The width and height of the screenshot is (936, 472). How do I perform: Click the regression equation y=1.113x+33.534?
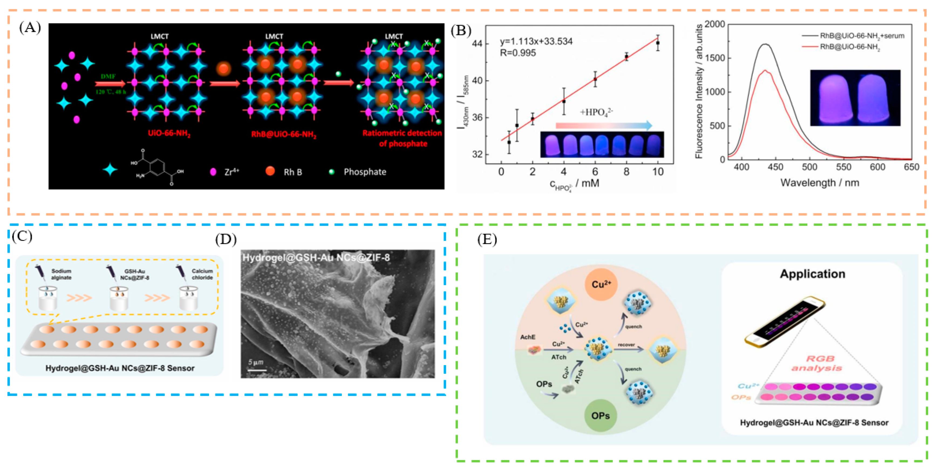536,42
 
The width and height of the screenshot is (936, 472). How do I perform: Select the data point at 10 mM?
658,43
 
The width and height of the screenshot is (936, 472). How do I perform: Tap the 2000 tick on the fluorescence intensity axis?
714,24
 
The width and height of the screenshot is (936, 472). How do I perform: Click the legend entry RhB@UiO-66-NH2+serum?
862,36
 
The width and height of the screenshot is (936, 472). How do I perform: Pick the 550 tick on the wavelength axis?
843,167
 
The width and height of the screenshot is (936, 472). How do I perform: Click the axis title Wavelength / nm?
820,183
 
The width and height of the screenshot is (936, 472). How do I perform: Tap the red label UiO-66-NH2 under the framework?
169,133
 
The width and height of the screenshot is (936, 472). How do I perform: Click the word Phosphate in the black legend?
365,172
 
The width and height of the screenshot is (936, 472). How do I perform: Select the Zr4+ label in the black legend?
232,172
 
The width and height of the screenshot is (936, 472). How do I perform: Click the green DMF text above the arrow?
108,76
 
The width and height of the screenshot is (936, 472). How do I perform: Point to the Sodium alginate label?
61,274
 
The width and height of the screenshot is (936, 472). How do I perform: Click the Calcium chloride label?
202,274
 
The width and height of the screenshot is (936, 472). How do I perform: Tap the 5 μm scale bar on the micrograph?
257,366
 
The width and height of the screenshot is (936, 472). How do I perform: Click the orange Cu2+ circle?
601,284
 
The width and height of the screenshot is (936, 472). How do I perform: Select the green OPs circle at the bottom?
600,415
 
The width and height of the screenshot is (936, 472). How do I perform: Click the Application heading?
812,274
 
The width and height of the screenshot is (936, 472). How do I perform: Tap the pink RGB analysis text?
816,363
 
